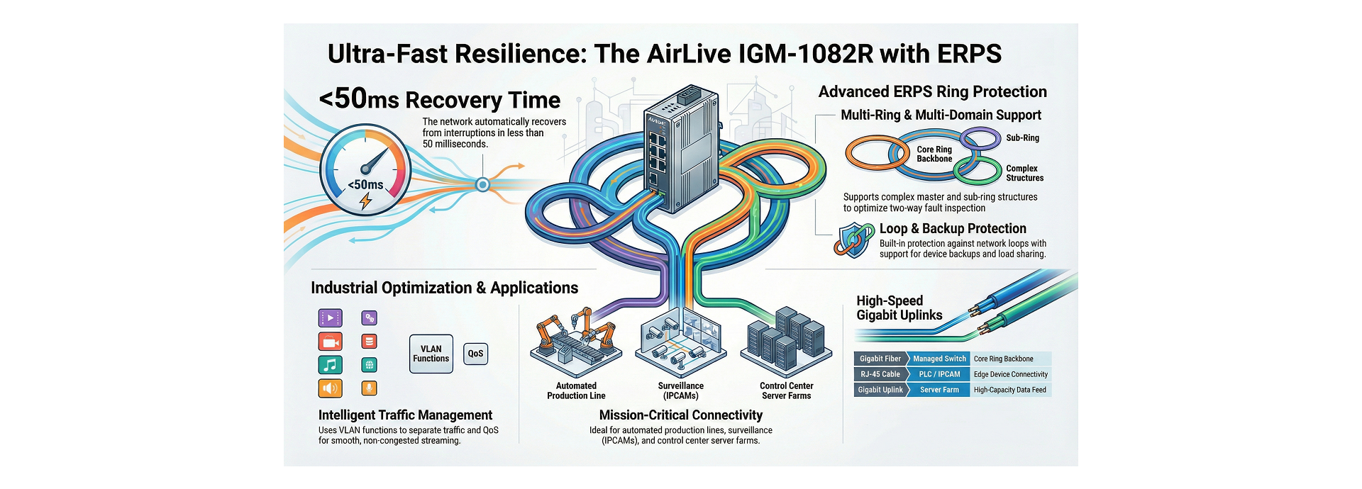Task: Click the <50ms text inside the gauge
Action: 365,185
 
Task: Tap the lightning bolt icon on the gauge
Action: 366,202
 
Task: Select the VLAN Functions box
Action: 431,354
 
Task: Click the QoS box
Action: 475,354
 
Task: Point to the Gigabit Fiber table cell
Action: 880,359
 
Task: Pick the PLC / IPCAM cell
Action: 939,374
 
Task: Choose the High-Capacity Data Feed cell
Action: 1009,390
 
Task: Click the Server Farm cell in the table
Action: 939,390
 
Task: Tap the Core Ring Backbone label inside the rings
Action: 934,154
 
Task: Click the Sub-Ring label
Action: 1022,138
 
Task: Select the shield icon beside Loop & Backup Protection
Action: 854,240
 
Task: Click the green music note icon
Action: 330,365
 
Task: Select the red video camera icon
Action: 330,342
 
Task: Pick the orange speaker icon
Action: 330,388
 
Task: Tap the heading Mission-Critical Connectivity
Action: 680,415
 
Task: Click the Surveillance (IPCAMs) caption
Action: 680,391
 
